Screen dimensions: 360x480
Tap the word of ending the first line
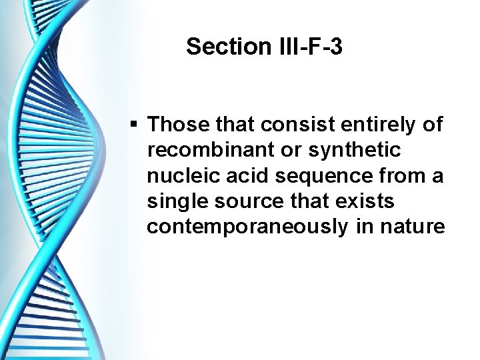(433, 125)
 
